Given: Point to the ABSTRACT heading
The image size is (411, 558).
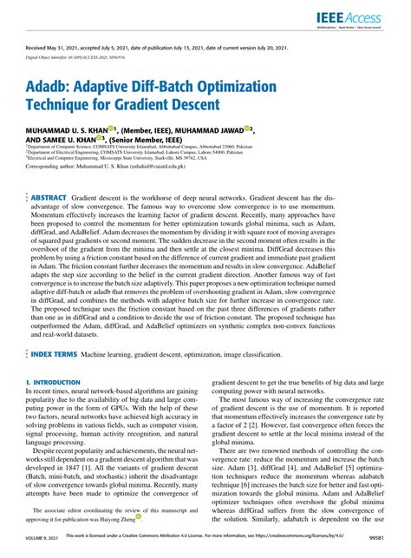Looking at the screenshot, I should pyautogui.click(x=49, y=174).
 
